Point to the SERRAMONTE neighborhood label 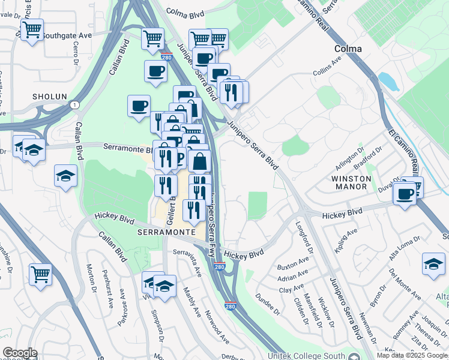[166, 232]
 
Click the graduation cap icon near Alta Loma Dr [433, 263]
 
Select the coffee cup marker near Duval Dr [406, 194]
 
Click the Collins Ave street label [327, 76]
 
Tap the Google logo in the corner [20, 353]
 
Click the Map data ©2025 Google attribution [412, 355]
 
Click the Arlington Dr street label [354, 158]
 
